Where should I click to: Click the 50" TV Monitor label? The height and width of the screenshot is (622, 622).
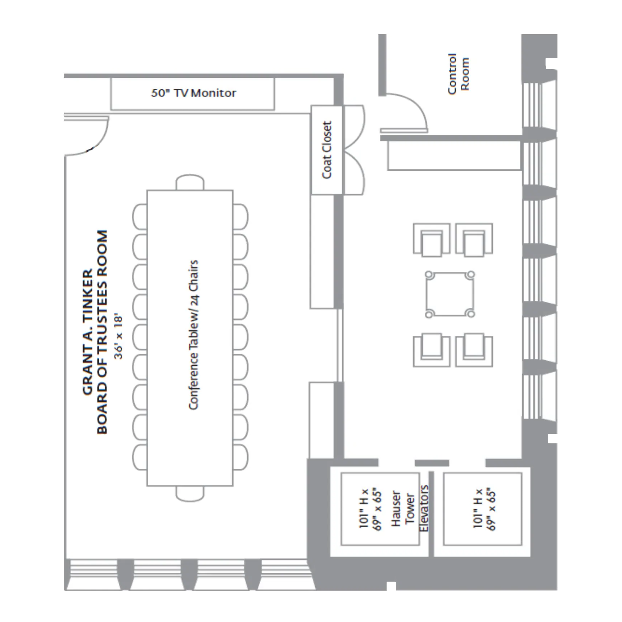coord(194,93)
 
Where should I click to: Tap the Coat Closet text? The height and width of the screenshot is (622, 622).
coord(326,150)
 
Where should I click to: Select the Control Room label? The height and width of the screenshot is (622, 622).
coord(458,74)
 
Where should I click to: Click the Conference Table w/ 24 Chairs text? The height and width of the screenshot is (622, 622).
coord(193,335)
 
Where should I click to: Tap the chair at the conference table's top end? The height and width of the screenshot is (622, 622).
coord(190,182)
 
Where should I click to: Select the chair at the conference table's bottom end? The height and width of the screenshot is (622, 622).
coord(190,493)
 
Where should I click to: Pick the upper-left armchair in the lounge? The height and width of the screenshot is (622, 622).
coord(431,239)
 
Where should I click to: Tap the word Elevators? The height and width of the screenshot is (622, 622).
coord(424,508)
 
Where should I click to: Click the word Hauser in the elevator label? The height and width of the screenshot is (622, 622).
coord(396,508)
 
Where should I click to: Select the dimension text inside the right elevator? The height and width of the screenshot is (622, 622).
coord(484,509)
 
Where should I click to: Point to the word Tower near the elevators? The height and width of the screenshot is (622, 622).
coord(410,508)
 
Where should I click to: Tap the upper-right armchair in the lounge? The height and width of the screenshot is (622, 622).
coord(474,239)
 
